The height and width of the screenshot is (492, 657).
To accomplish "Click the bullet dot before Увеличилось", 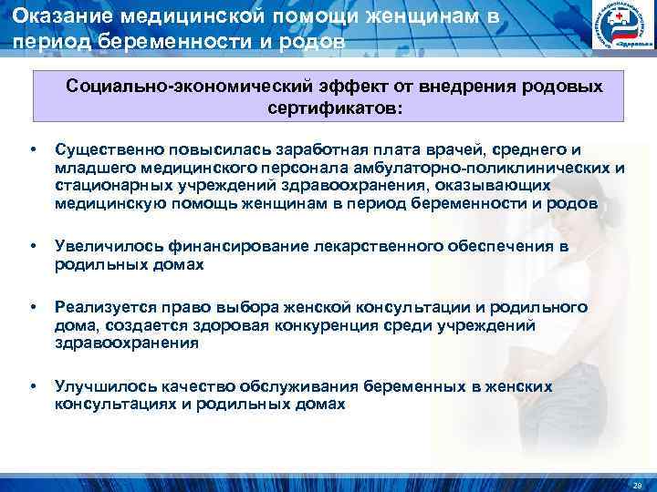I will pyautogui.click(x=33, y=247).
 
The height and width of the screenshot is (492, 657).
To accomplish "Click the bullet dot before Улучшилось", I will pyautogui.click(x=33, y=386).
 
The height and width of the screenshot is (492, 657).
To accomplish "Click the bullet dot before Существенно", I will pyautogui.click(x=33, y=149).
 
